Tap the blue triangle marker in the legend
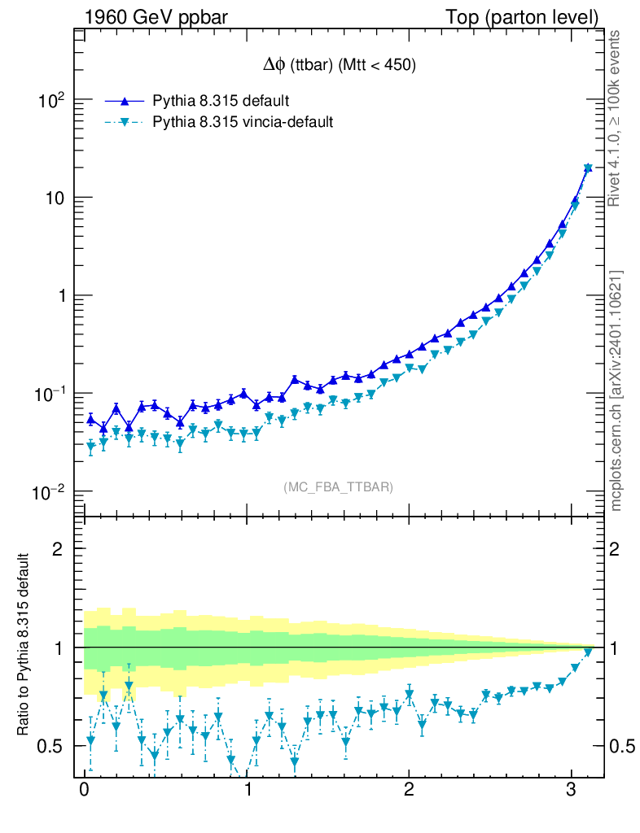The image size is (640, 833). (125, 102)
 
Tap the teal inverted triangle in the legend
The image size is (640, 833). (125, 123)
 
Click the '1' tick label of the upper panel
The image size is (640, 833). (59, 296)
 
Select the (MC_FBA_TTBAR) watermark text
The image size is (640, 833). (338, 487)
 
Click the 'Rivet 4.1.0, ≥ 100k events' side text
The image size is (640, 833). (616, 118)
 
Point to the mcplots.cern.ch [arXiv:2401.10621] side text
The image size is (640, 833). (616, 390)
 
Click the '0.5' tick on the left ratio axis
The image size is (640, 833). (50, 746)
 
